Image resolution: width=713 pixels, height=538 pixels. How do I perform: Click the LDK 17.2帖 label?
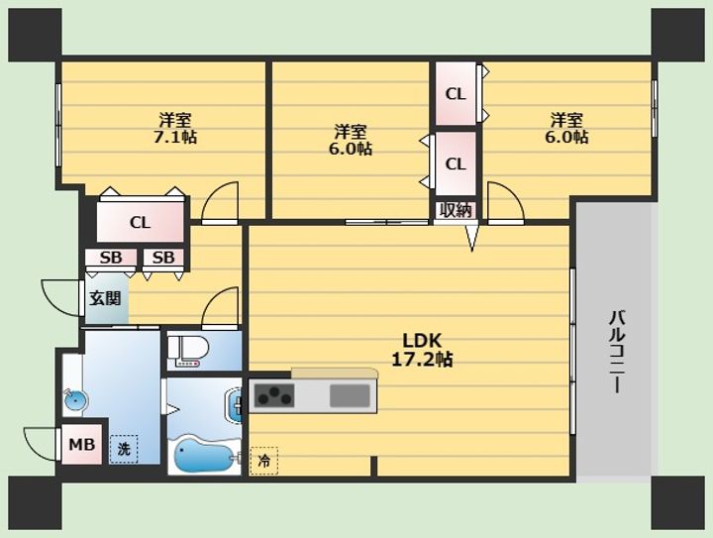click(422, 350)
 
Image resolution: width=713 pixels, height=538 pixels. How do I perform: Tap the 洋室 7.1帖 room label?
click(175, 128)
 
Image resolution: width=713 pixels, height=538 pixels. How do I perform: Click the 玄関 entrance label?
click(105, 298)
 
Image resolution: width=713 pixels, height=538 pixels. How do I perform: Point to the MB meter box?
click(82, 444)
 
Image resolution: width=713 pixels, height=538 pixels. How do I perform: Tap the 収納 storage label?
click(456, 211)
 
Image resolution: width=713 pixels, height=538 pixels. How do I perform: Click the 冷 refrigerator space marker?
click(263, 461)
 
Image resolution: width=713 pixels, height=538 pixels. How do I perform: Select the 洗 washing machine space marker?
click(124, 449)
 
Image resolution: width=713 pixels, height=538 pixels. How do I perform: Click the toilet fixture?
click(188, 351)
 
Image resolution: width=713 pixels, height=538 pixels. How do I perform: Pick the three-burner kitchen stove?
click(274, 395)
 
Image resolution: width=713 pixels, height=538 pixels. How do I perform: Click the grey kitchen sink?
click(350, 395)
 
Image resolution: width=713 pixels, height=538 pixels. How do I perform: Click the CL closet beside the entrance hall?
click(140, 222)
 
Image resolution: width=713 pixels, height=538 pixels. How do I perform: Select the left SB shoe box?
click(111, 258)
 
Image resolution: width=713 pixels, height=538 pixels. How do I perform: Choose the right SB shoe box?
click(163, 258)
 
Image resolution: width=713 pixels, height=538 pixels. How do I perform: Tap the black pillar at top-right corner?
click(677, 35)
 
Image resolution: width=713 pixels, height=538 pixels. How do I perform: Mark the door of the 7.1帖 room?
click(220, 203)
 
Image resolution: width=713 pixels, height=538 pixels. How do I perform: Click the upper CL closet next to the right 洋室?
click(456, 94)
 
